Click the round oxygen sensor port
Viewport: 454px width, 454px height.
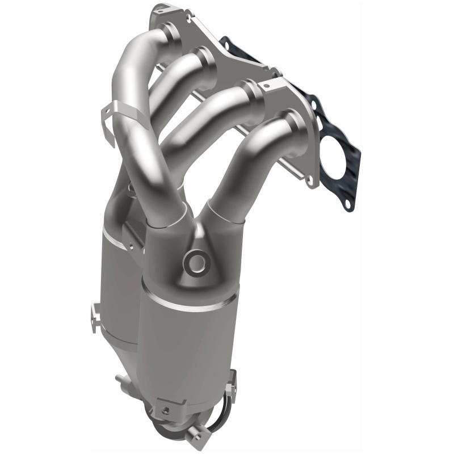click(196, 262)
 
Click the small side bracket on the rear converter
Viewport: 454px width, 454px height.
click(94, 315)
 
